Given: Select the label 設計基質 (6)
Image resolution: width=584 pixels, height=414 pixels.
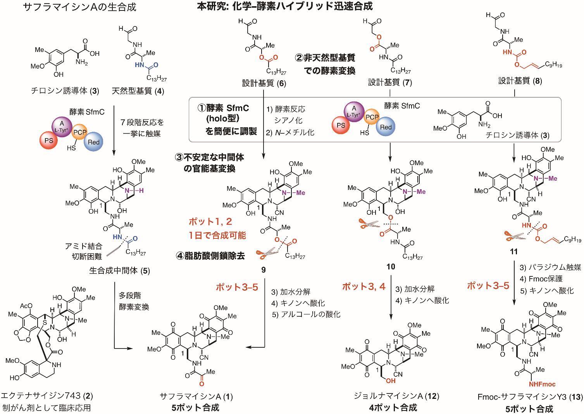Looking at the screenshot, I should [x=264, y=83].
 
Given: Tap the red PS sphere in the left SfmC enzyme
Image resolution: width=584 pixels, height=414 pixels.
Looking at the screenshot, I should [x=49, y=141].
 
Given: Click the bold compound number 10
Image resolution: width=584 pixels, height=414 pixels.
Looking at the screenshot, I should [x=390, y=267].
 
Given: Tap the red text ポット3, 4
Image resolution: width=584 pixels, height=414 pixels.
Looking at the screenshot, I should [x=363, y=286].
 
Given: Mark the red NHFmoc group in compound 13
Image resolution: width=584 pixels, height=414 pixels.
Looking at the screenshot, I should [x=543, y=384].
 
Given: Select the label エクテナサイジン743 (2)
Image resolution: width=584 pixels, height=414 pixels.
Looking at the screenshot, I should [x=47, y=396].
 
